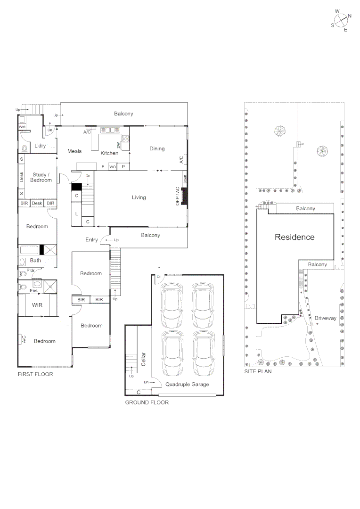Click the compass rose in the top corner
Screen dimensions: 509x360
[342, 20]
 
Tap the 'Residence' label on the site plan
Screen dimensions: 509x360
[295, 237]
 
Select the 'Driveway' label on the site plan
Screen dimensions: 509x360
[326, 318]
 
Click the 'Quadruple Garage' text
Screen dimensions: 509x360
[188, 384]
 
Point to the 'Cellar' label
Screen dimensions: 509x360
[144, 360]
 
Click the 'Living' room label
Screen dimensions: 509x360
[139, 197]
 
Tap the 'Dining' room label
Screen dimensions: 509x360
[157, 148]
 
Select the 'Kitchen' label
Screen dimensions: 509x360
[109, 153]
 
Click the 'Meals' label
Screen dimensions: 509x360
[74, 151]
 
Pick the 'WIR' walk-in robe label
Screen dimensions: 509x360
[37, 305]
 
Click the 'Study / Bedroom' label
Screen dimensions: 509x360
[41, 177]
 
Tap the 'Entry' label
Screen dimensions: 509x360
[91, 240]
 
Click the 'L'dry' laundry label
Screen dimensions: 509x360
[40, 146]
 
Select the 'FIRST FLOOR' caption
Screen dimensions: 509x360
[35, 374]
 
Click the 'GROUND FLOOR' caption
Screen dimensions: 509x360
[147, 402]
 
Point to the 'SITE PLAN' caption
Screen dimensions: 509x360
[258, 371]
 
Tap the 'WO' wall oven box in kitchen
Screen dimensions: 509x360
[113, 167]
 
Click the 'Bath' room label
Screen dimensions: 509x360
[36, 260]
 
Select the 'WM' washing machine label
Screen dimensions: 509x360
[22, 127]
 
